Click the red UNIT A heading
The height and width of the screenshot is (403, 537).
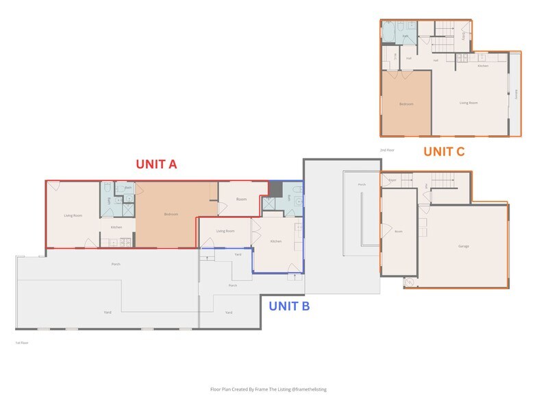pos(156,164)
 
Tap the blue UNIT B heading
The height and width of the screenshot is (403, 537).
pos(288,306)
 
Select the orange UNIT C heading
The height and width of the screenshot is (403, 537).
pos(443,151)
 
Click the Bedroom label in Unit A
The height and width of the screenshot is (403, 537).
pos(171,215)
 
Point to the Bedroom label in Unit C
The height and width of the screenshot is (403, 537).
pos(406,104)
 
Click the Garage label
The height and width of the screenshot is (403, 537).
pos(464,246)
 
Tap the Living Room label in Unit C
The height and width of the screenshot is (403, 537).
pos(468,103)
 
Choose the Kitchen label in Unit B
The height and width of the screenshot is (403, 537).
pos(275,241)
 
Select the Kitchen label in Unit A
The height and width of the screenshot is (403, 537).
pos(116,227)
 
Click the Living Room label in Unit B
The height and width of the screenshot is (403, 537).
pos(225,231)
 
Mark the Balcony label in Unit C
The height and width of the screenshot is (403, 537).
pos(515,95)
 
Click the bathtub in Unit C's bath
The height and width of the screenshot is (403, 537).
pos(388,31)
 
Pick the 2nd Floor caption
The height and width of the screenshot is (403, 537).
pos(387,149)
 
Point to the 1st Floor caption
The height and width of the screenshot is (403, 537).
pos(22,342)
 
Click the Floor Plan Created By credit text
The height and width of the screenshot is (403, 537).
pos(268,389)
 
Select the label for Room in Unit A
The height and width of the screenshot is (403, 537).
pos(241,199)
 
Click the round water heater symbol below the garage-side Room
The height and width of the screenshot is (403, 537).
pos(409,282)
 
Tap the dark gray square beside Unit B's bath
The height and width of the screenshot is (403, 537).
pos(275,188)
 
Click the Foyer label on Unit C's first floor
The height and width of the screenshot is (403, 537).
pos(392,180)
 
